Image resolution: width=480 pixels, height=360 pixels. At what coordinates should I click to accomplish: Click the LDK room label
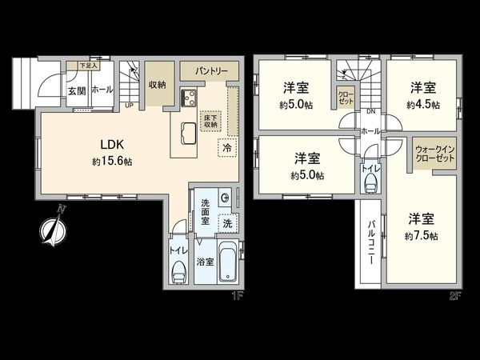pos(110,145)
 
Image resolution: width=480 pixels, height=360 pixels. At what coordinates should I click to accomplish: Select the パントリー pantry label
pos(209,71)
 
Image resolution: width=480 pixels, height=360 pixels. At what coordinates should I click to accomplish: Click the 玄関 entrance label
pos(77,91)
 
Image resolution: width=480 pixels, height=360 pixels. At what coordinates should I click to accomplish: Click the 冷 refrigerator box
pos(227,148)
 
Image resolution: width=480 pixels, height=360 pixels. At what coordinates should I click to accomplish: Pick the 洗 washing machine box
pos(227,222)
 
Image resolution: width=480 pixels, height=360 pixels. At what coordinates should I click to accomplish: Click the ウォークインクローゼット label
pos(432,153)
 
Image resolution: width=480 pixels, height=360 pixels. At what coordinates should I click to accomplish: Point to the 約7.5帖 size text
pos(422,236)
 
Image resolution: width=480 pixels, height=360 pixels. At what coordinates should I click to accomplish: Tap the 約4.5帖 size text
pos(422,104)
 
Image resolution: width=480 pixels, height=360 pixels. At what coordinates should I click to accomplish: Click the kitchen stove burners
pos(193,100)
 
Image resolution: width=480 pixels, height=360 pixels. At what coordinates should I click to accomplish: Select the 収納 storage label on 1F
pos(157,85)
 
